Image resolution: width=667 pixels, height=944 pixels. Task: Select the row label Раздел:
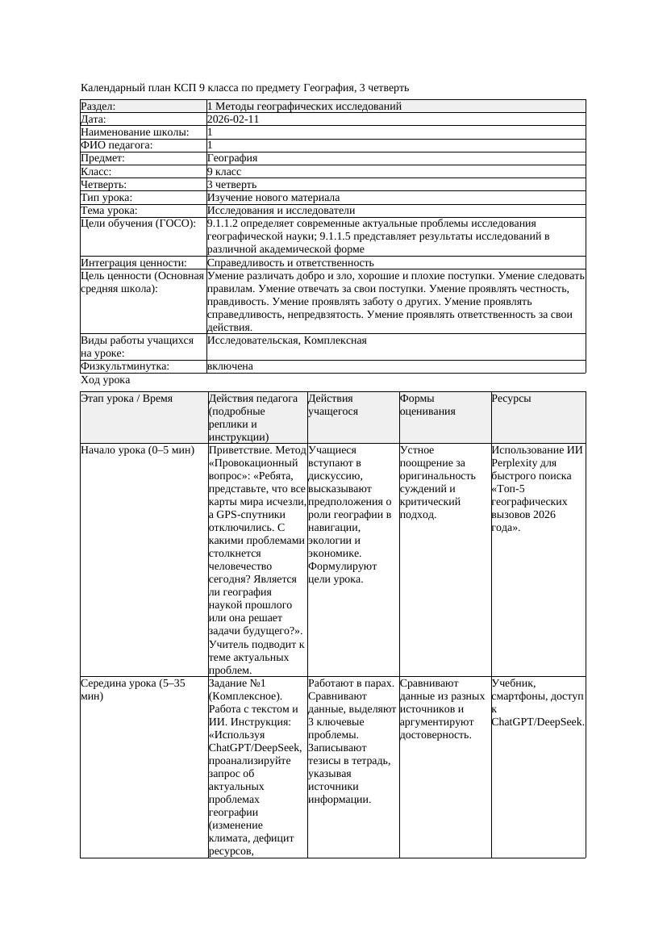[98, 107]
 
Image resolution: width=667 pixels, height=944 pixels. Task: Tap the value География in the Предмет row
[232, 158]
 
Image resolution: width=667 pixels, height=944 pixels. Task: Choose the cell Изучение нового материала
[273, 198]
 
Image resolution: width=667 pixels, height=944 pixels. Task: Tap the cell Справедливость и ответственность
[290, 263]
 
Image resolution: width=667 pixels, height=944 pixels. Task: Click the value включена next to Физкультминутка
[230, 366]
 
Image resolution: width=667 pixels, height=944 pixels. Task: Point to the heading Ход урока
[106, 379]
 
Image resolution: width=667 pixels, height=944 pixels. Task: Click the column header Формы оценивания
[427, 404]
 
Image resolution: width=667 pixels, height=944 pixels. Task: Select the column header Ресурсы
[511, 399]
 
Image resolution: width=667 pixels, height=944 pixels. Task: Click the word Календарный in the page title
[110, 87]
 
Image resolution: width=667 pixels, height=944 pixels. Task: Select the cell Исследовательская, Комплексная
[287, 340]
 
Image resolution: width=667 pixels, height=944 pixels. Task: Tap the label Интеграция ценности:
[133, 263]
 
